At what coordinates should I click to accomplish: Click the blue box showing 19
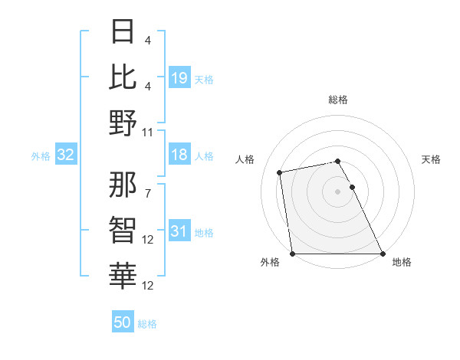tap(179, 77)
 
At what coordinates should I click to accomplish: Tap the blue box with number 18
tap(179, 155)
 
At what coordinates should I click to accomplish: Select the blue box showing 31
tap(179, 231)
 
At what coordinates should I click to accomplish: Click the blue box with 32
tap(66, 155)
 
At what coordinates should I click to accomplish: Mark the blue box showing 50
tap(123, 322)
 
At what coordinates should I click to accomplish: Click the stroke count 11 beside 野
tap(148, 132)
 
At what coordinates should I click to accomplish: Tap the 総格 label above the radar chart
tap(338, 100)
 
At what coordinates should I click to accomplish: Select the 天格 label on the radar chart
tap(432, 159)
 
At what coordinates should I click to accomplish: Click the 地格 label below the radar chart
tap(402, 262)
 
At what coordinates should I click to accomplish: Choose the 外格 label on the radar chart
tap(270, 262)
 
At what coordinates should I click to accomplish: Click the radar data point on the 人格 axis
tap(281, 172)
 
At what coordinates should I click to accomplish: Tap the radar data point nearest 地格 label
tap(383, 254)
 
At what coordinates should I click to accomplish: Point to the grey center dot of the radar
tap(338, 191)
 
